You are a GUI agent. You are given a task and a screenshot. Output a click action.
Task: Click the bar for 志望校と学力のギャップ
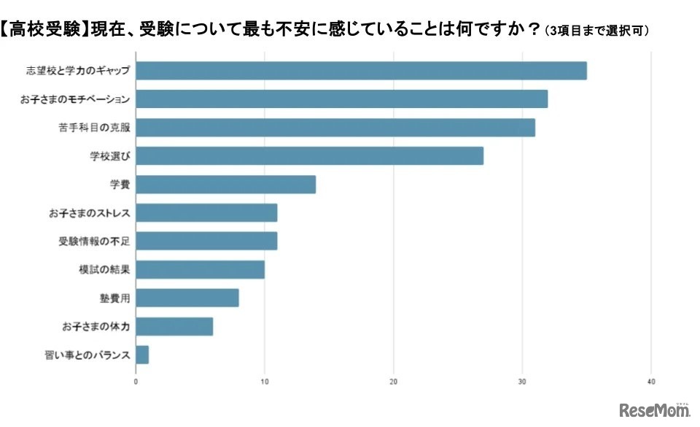click(x=361, y=71)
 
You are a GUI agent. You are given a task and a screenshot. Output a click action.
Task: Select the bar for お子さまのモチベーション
click(x=341, y=99)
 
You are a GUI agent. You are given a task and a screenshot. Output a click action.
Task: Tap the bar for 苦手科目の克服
click(x=335, y=127)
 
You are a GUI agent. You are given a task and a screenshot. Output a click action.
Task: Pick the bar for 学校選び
click(x=309, y=155)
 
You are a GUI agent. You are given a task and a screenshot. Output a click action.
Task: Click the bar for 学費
click(x=225, y=184)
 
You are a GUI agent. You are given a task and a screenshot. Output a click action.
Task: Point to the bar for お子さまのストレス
click(x=206, y=212)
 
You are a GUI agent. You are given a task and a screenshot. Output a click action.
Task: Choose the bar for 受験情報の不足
click(x=206, y=241)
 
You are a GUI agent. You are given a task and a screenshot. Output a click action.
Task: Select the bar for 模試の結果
click(x=200, y=269)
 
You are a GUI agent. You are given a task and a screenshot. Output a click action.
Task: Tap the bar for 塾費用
click(x=187, y=298)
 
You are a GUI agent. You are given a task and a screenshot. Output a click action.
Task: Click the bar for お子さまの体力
click(x=174, y=326)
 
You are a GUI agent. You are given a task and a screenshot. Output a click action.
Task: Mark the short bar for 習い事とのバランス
click(x=142, y=355)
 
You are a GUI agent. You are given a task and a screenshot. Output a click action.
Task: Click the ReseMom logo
click(x=654, y=409)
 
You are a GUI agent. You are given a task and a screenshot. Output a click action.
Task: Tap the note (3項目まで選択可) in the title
click(x=597, y=31)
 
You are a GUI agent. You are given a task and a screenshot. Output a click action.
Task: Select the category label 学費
click(x=120, y=184)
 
